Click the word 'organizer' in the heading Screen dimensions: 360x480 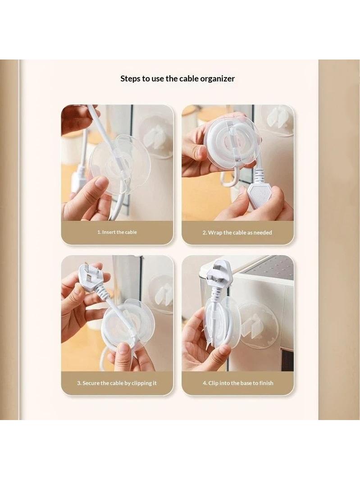click(x=217, y=79)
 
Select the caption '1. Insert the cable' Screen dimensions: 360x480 click(x=117, y=232)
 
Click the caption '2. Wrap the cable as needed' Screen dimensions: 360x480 click(x=237, y=233)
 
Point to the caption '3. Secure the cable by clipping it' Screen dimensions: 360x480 click(x=117, y=383)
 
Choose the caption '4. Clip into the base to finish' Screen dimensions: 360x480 click(x=238, y=383)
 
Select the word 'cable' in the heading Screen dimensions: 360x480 click(x=189, y=79)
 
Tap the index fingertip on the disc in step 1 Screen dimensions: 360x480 click(x=101, y=183)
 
